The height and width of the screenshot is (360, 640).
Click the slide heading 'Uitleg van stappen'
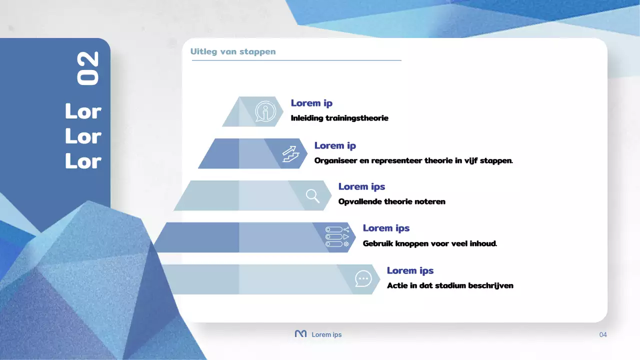click(233, 51)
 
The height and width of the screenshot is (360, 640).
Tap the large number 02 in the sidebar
click(88, 68)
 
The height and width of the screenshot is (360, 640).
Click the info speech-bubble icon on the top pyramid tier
click(265, 111)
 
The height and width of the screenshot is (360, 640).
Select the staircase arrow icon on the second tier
click(290, 153)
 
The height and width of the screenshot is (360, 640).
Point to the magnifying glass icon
click(313, 195)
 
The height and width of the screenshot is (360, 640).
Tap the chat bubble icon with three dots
click(363, 278)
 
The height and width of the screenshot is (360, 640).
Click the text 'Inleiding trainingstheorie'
click(339, 118)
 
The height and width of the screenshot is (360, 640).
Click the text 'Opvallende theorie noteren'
click(391, 202)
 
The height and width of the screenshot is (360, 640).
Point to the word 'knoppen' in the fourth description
click(412, 244)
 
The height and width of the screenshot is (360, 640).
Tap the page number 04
click(603, 334)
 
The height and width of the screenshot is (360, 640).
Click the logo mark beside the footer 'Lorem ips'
click(300, 334)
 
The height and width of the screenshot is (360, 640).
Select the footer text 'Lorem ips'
click(326, 334)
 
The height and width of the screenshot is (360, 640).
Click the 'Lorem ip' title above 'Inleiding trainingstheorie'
click(311, 103)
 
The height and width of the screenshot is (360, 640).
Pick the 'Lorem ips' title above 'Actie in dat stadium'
click(410, 270)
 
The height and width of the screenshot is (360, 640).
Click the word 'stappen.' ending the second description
click(496, 161)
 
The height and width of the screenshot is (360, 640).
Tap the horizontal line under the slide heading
click(296, 60)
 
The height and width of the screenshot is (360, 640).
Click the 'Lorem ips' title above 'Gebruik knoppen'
click(386, 228)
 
